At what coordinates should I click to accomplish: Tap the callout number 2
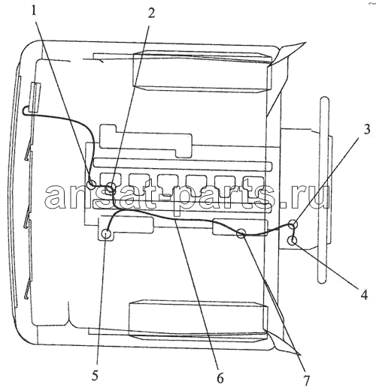click(151, 13)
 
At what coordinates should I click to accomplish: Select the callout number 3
click(366, 129)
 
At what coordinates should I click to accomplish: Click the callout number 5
click(95, 375)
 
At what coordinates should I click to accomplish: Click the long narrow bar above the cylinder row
click(183, 164)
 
